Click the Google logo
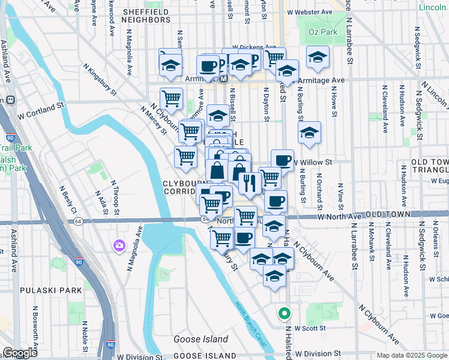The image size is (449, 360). [20, 353]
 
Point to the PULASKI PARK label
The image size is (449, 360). [50, 290]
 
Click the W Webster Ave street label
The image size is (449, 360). [310, 12]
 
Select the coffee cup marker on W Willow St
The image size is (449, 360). [282, 160]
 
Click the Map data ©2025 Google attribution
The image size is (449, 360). [412, 355]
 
